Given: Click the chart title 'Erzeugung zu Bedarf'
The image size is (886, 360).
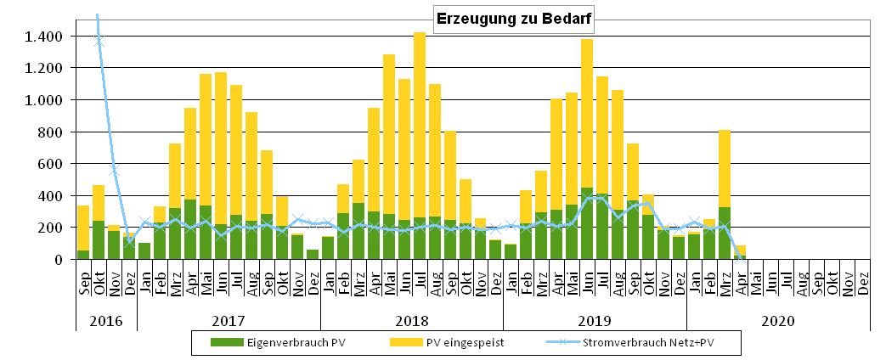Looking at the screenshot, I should click(514, 19).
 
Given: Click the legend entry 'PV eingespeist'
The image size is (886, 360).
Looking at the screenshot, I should click(444, 342).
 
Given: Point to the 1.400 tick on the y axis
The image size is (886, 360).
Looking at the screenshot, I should click(43, 37).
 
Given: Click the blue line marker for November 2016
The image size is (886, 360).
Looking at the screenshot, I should click(114, 172).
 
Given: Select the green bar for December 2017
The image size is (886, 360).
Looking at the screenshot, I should click(313, 254).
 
